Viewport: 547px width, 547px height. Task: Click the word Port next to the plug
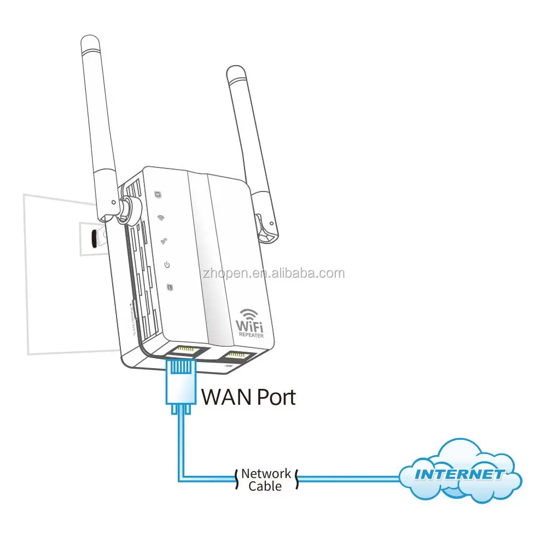273,397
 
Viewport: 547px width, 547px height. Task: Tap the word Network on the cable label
266,473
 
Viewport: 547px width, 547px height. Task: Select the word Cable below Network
265,486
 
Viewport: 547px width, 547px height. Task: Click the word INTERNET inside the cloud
459,474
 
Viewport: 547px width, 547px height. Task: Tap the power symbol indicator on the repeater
168,265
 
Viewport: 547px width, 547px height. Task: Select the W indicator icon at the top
158,194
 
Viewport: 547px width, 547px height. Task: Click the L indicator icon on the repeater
171,287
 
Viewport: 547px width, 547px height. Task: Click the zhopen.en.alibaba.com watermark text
273,273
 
